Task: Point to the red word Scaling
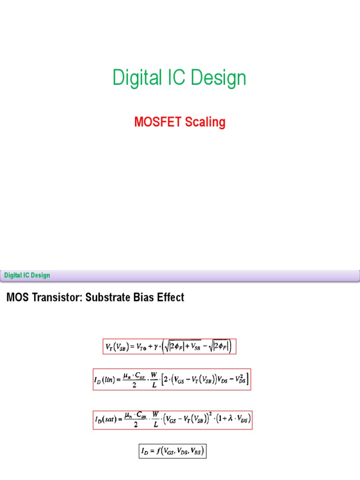coord(205,123)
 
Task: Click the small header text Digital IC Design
coord(27,275)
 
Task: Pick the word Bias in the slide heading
coord(140,298)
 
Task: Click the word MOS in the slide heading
coord(16,298)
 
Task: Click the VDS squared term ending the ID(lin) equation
coord(240,379)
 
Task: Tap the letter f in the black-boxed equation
coord(159,451)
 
